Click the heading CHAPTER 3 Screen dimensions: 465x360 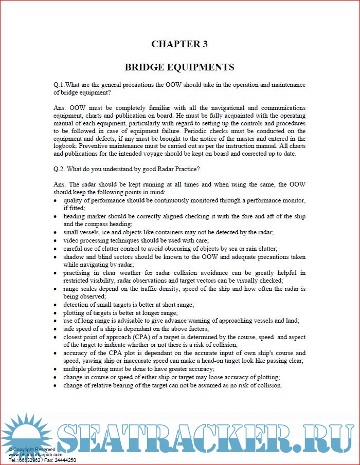[x=179, y=44]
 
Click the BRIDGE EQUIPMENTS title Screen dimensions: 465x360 [x=179, y=67]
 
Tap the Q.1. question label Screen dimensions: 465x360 [x=61, y=84]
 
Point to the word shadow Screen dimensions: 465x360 [x=74, y=256]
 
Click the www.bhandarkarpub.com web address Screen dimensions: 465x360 [x=35, y=455]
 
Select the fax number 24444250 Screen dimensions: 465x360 [x=64, y=460]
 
